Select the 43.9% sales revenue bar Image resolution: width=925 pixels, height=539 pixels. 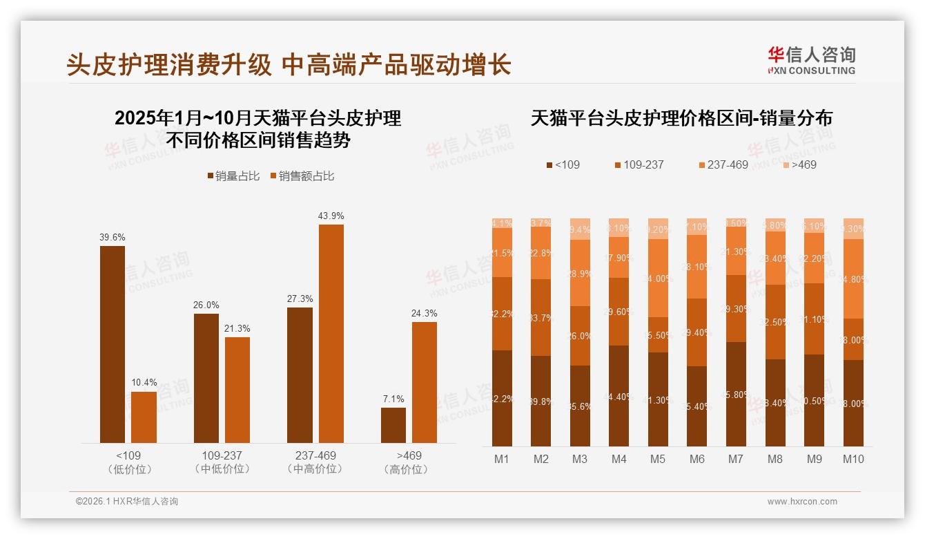331,333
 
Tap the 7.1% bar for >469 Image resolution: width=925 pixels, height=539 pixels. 393,425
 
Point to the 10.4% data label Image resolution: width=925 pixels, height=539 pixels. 144,383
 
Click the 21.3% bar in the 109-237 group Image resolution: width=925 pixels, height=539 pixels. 237,390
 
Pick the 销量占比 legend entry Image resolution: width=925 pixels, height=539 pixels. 234,176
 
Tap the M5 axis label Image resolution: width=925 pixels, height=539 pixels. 658,459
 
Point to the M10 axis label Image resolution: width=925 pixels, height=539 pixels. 853,459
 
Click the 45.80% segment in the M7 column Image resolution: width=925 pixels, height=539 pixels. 736,394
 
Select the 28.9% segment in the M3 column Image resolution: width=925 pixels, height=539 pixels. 580,273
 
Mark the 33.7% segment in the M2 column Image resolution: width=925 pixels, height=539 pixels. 541,317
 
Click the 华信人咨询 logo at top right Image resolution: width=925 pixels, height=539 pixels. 811,60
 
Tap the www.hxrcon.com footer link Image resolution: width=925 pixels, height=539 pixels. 802,502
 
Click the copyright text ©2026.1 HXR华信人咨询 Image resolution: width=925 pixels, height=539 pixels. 126,502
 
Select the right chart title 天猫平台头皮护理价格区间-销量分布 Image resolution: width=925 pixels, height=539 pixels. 681,118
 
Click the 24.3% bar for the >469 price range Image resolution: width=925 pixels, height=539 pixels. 425,382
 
